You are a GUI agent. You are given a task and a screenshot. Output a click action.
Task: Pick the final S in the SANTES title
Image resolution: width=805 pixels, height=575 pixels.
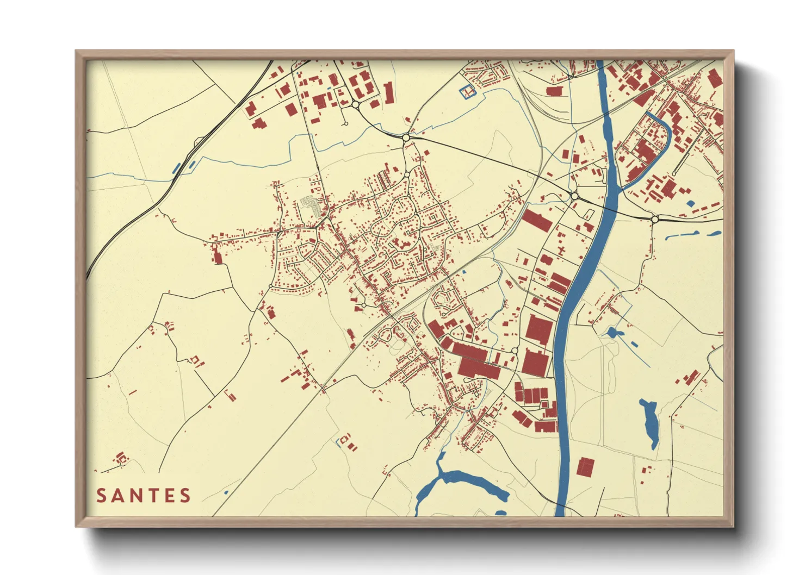click(x=185, y=496)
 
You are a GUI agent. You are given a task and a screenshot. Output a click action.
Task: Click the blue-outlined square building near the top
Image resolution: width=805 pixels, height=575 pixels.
click(x=467, y=92)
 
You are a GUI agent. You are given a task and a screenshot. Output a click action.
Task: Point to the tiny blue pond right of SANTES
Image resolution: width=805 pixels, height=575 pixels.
click(x=226, y=492)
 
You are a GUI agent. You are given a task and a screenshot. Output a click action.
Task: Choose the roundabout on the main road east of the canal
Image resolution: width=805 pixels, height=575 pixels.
click(x=655, y=219)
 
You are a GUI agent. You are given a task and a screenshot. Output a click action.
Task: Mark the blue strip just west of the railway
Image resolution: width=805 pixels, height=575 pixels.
click(x=176, y=168)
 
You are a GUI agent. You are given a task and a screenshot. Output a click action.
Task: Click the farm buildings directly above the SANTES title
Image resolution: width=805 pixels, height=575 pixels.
click(x=120, y=458)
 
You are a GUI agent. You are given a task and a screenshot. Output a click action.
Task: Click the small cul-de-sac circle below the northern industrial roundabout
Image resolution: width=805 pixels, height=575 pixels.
click(x=345, y=124)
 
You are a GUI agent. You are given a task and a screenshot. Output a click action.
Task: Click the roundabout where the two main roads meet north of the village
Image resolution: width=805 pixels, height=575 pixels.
click(x=406, y=138)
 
